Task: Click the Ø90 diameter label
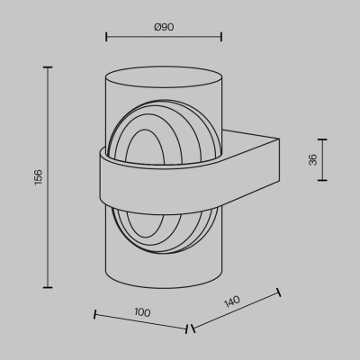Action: pos(164,27)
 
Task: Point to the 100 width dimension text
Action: pos(141,311)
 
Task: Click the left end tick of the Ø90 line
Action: pos(107,38)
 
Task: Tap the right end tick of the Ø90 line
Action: pos(221,38)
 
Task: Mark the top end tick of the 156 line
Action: pos(47,67)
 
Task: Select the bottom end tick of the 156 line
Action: pos(47,286)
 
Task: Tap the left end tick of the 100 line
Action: pos(94,315)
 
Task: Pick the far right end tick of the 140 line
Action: pos(279,292)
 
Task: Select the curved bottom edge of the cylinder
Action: pos(164,289)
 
